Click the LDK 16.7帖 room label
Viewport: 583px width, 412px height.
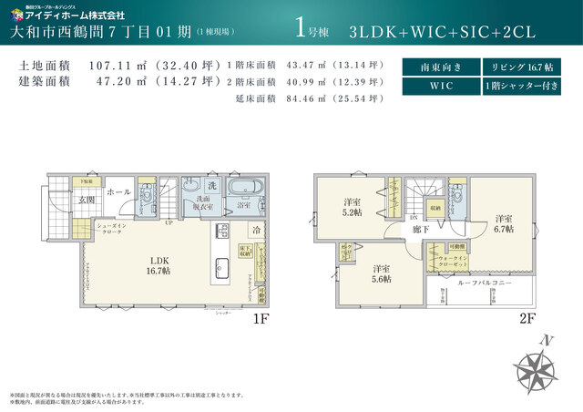coord(159,264)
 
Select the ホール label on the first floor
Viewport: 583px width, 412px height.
coord(118,192)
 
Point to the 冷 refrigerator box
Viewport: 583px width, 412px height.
coord(257,230)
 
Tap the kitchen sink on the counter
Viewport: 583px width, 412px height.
coord(220,266)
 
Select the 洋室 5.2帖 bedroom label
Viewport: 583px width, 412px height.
coord(353,207)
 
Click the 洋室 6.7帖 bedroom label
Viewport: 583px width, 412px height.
coord(504,224)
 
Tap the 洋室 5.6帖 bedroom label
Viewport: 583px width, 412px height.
coord(381,273)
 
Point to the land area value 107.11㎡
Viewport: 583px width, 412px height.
coord(117,67)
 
